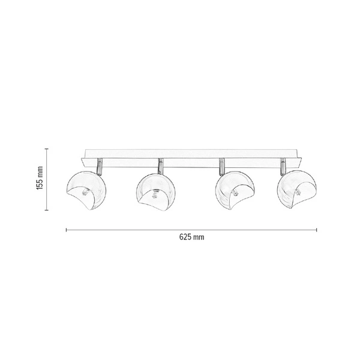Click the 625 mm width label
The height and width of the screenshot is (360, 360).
(192, 237)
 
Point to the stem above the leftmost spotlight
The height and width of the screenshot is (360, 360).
(100, 164)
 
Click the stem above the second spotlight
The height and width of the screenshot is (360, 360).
(160, 164)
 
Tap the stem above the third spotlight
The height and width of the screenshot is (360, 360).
(222, 164)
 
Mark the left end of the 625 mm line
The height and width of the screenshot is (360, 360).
(66, 229)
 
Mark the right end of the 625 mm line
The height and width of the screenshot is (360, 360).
(317, 229)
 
